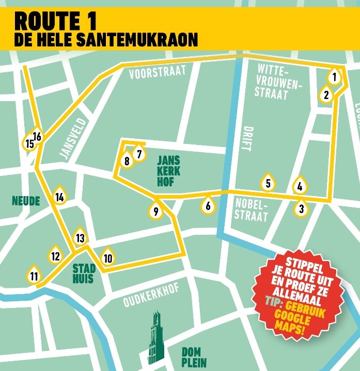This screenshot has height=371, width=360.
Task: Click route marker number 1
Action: (x=335, y=78)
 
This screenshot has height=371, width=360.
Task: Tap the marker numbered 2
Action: (x=326, y=95)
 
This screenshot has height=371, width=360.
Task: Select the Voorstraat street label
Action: (x=157, y=73)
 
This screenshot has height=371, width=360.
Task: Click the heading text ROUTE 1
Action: (x=55, y=21)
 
